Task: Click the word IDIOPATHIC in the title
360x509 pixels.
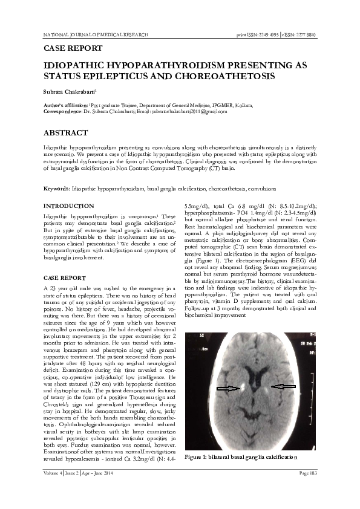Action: [73, 65]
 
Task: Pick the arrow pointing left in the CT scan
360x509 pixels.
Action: [283, 386]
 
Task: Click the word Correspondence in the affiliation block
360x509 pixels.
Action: [64, 111]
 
